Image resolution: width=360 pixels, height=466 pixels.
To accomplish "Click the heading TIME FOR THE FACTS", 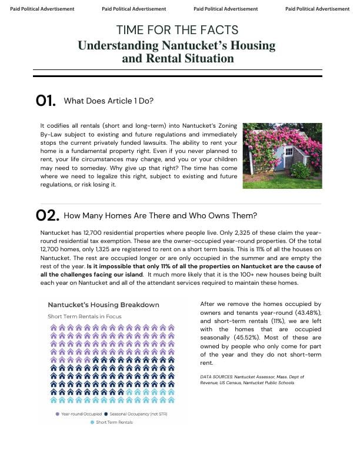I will pos(177,30).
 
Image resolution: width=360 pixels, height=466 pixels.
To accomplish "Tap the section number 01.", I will pos(45,101).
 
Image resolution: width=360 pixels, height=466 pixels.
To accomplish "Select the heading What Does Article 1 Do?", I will pos(108,101).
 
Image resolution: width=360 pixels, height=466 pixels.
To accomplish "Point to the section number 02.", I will pos(47,215).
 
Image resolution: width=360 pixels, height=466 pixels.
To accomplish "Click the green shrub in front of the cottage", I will pos(300,171).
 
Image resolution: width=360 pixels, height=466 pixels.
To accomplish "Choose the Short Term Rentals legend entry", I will pos(114,422).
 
